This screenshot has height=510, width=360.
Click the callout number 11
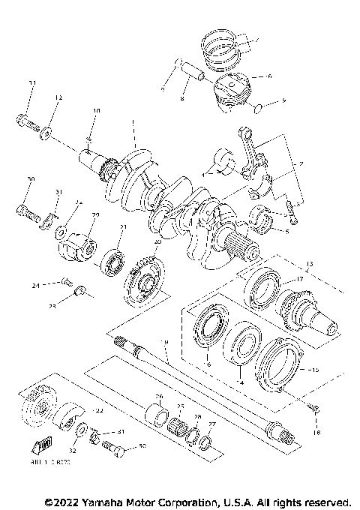tap(31, 82)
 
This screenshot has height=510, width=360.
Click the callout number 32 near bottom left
tap(72, 451)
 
